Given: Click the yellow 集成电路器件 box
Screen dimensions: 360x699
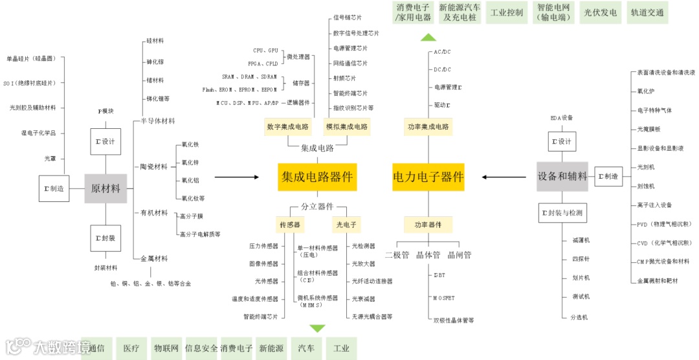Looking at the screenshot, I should coord(317,177).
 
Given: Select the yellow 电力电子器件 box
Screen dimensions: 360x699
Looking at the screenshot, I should coord(428,177).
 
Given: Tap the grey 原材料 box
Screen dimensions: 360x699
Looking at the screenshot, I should coord(105,188).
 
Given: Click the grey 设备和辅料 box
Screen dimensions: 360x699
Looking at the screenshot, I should coord(562,176).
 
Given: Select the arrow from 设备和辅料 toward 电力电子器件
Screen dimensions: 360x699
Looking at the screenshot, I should coord(507,177).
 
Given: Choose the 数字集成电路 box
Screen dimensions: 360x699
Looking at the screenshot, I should coord(287,126).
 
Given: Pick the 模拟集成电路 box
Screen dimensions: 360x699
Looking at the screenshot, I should coord(347,126).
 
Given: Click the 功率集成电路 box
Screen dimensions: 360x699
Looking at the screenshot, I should coord(428,126).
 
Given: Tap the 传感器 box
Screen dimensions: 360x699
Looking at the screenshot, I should coord(289,225).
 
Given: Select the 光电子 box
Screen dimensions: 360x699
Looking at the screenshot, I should coord(346,225).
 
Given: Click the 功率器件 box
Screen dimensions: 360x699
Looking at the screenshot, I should coord(428,225).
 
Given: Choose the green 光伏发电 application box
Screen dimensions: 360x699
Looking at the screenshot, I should coord(601,12).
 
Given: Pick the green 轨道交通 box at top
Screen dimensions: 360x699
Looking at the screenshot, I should coord(647,12).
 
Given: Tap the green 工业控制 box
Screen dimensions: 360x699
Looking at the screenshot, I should coord(507,12).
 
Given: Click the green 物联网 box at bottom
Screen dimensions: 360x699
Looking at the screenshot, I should coord(166,348).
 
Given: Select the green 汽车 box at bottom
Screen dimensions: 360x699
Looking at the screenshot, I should coord(306,348).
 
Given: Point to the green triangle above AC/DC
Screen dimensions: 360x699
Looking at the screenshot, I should coord(428,37).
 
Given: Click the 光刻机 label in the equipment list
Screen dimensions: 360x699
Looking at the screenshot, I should coord(646,167).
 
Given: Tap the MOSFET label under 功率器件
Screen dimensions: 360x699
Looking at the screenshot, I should coord(444,298).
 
